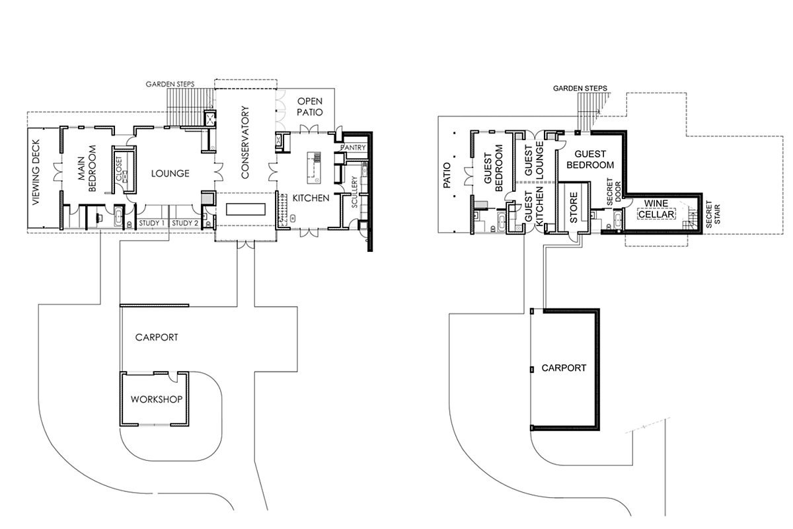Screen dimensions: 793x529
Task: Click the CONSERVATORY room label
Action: coord(245,142)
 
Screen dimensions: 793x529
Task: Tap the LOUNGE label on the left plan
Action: coord(170,174)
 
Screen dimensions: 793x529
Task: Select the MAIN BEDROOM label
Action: coord(87,169)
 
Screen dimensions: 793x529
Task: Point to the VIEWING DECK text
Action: coord(36,172)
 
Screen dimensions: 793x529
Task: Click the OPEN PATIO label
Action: coord(310,107)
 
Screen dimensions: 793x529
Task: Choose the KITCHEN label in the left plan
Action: coord(311,198)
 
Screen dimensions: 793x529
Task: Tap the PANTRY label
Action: coord(353,147)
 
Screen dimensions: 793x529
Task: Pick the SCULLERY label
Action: coord(354,192)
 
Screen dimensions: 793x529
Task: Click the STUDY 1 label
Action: coord(152,224)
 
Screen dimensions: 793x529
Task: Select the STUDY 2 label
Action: coord(185,224)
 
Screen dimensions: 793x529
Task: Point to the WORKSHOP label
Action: coord(157,399)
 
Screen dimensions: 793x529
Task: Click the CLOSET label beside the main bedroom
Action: coord(120,169)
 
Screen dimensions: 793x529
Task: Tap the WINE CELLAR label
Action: coord(656,209)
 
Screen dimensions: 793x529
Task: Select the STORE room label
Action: coord(574,208)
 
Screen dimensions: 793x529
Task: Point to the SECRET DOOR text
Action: coord(613,192)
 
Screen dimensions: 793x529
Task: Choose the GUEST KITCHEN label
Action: coord(533,207)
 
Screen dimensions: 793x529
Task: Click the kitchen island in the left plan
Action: coord(314,168)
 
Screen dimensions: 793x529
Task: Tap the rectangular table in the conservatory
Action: coord(246,209)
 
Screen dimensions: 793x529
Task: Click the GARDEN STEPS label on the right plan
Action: coord(580,88)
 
